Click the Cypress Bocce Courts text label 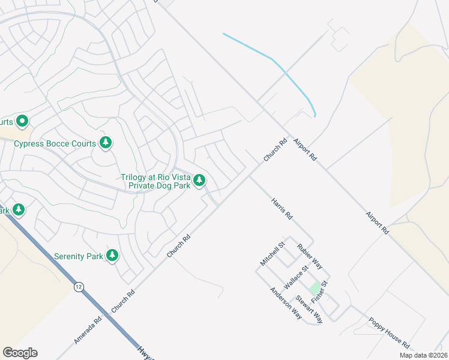[x=55, y=144]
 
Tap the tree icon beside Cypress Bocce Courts [x=106, y=142]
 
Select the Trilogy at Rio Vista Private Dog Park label [x=155, y=181]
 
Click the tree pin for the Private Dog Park [x=199, y=180]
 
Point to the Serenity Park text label [x=79, y=256]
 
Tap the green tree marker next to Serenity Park [x=112, y=255]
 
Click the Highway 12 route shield [x=79, y=287]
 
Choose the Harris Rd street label [x=281, y=208]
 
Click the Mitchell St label [x=272, y=254]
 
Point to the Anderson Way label [x=285, y=303]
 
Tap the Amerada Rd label [x=88, y=329]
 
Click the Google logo [x=20, y=352]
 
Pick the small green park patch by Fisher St [x=315, y=287]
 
